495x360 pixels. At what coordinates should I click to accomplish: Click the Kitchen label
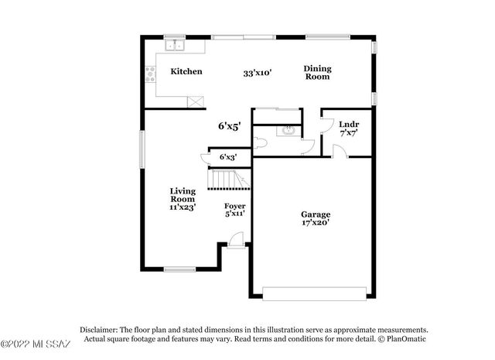pos(186,71)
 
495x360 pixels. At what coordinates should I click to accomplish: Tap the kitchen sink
pos(176,45)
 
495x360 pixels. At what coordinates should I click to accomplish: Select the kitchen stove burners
pos(150,75)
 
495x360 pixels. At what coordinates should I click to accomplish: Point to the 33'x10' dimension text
pos(257,74)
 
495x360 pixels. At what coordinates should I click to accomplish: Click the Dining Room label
pos(316,73)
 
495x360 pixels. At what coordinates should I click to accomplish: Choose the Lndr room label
pos(349,123)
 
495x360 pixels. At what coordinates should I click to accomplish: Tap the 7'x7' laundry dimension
pos(349,133)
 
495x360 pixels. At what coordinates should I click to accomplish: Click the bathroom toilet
pos(261,142)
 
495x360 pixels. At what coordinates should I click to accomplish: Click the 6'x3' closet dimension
pos(227,157)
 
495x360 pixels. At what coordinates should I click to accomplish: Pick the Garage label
pos(316,214)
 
